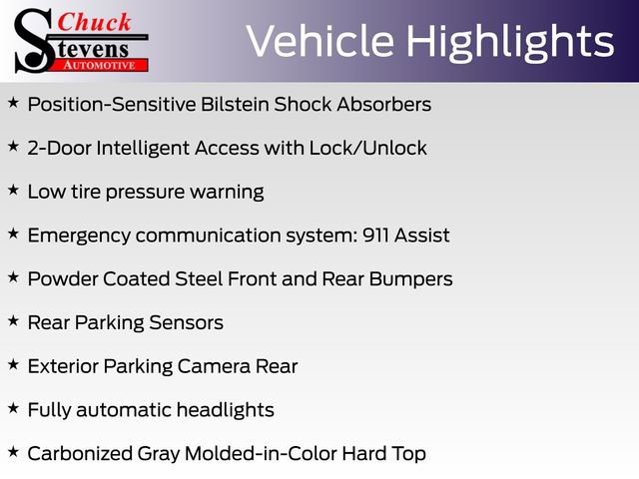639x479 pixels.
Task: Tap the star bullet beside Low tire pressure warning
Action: pos(13,190)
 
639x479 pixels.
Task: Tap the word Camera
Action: pos(213,366)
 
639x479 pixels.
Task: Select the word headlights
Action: pos(225,410)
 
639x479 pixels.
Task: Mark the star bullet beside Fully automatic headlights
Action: pos(13,408)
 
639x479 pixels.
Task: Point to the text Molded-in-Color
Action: pos(261,453)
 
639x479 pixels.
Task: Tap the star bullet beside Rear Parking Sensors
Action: pos(13,320)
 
